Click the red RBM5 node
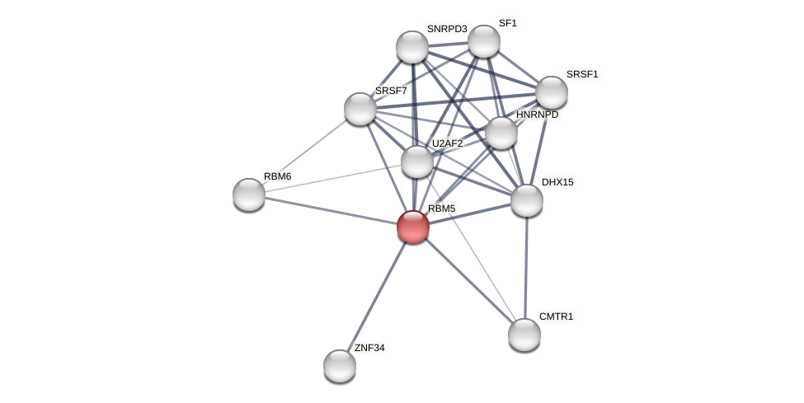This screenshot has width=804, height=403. coord(413,227)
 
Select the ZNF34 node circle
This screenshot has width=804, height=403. coord(340,366)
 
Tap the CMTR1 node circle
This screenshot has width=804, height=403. coord(524,335)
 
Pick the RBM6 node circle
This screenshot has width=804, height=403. coord(249,194)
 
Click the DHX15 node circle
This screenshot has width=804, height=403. coord(527,200)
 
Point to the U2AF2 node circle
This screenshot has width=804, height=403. coord(417,162)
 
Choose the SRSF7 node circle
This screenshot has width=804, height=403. coord(360,109)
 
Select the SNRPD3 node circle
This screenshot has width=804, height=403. coord(412,47)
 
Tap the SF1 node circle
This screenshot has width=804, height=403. coord(484,41)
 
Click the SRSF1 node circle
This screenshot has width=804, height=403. coord(552,92)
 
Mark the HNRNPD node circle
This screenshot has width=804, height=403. coord(501,133)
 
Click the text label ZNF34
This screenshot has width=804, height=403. coord(369,348)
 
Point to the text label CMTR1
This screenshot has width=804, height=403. coord(556,316)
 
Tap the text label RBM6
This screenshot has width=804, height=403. coord(278,176)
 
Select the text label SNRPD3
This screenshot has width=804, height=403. coord(447,29)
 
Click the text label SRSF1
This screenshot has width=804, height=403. coord(582,74)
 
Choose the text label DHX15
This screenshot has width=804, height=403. coord(557,182)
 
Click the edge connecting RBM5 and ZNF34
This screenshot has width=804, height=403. coord(377,296)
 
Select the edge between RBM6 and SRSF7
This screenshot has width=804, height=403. coord(305,152)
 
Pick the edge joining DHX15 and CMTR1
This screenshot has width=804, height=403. coord(526,268)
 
